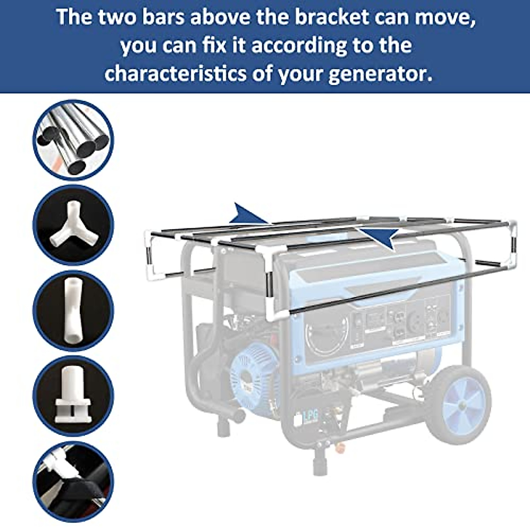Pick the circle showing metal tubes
(73, 140)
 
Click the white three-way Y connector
(73, 225)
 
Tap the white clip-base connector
(73, 395)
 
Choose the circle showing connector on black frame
(73, 481)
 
